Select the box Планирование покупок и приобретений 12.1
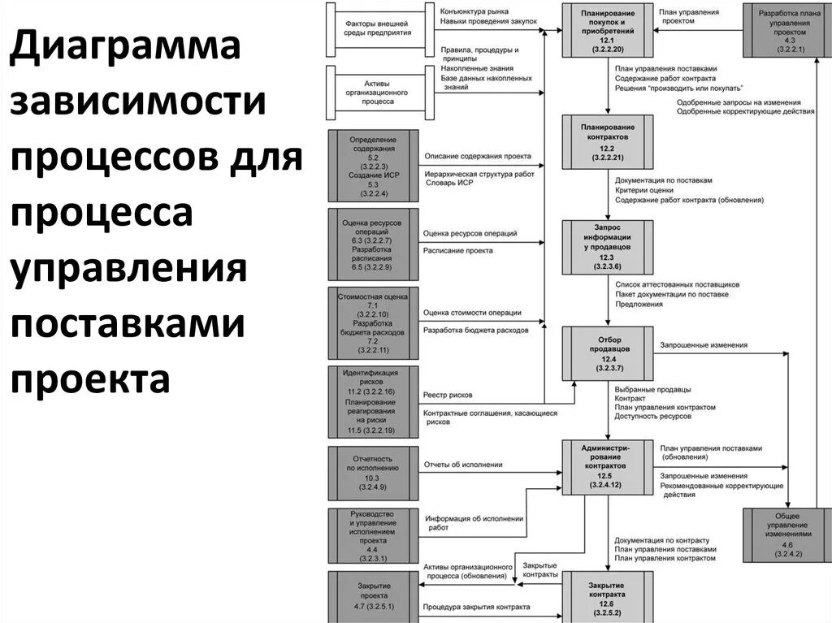point(608,30)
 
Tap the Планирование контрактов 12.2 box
point(608,141)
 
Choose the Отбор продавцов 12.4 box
point(608,353)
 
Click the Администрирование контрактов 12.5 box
point(608,466)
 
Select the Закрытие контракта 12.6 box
point(608,596)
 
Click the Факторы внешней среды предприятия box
point(376,30)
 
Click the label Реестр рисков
point(448,395)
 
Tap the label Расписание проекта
point(457,251)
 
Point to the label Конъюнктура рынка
point(475,11)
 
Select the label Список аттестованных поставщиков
point(677,285)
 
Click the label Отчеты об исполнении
point(462,465)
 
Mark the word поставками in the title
point(128,324)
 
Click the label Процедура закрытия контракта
point(476,607)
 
